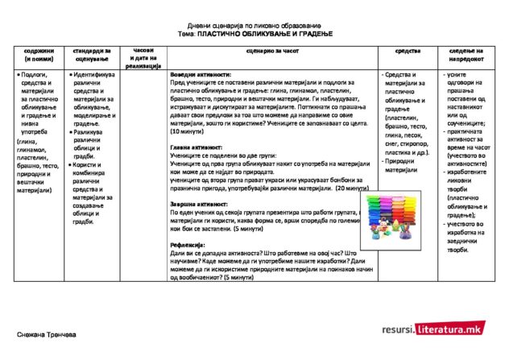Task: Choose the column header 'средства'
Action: point(408,51)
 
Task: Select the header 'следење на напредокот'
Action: point(466,55)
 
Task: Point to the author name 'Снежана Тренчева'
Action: point(47,333)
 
